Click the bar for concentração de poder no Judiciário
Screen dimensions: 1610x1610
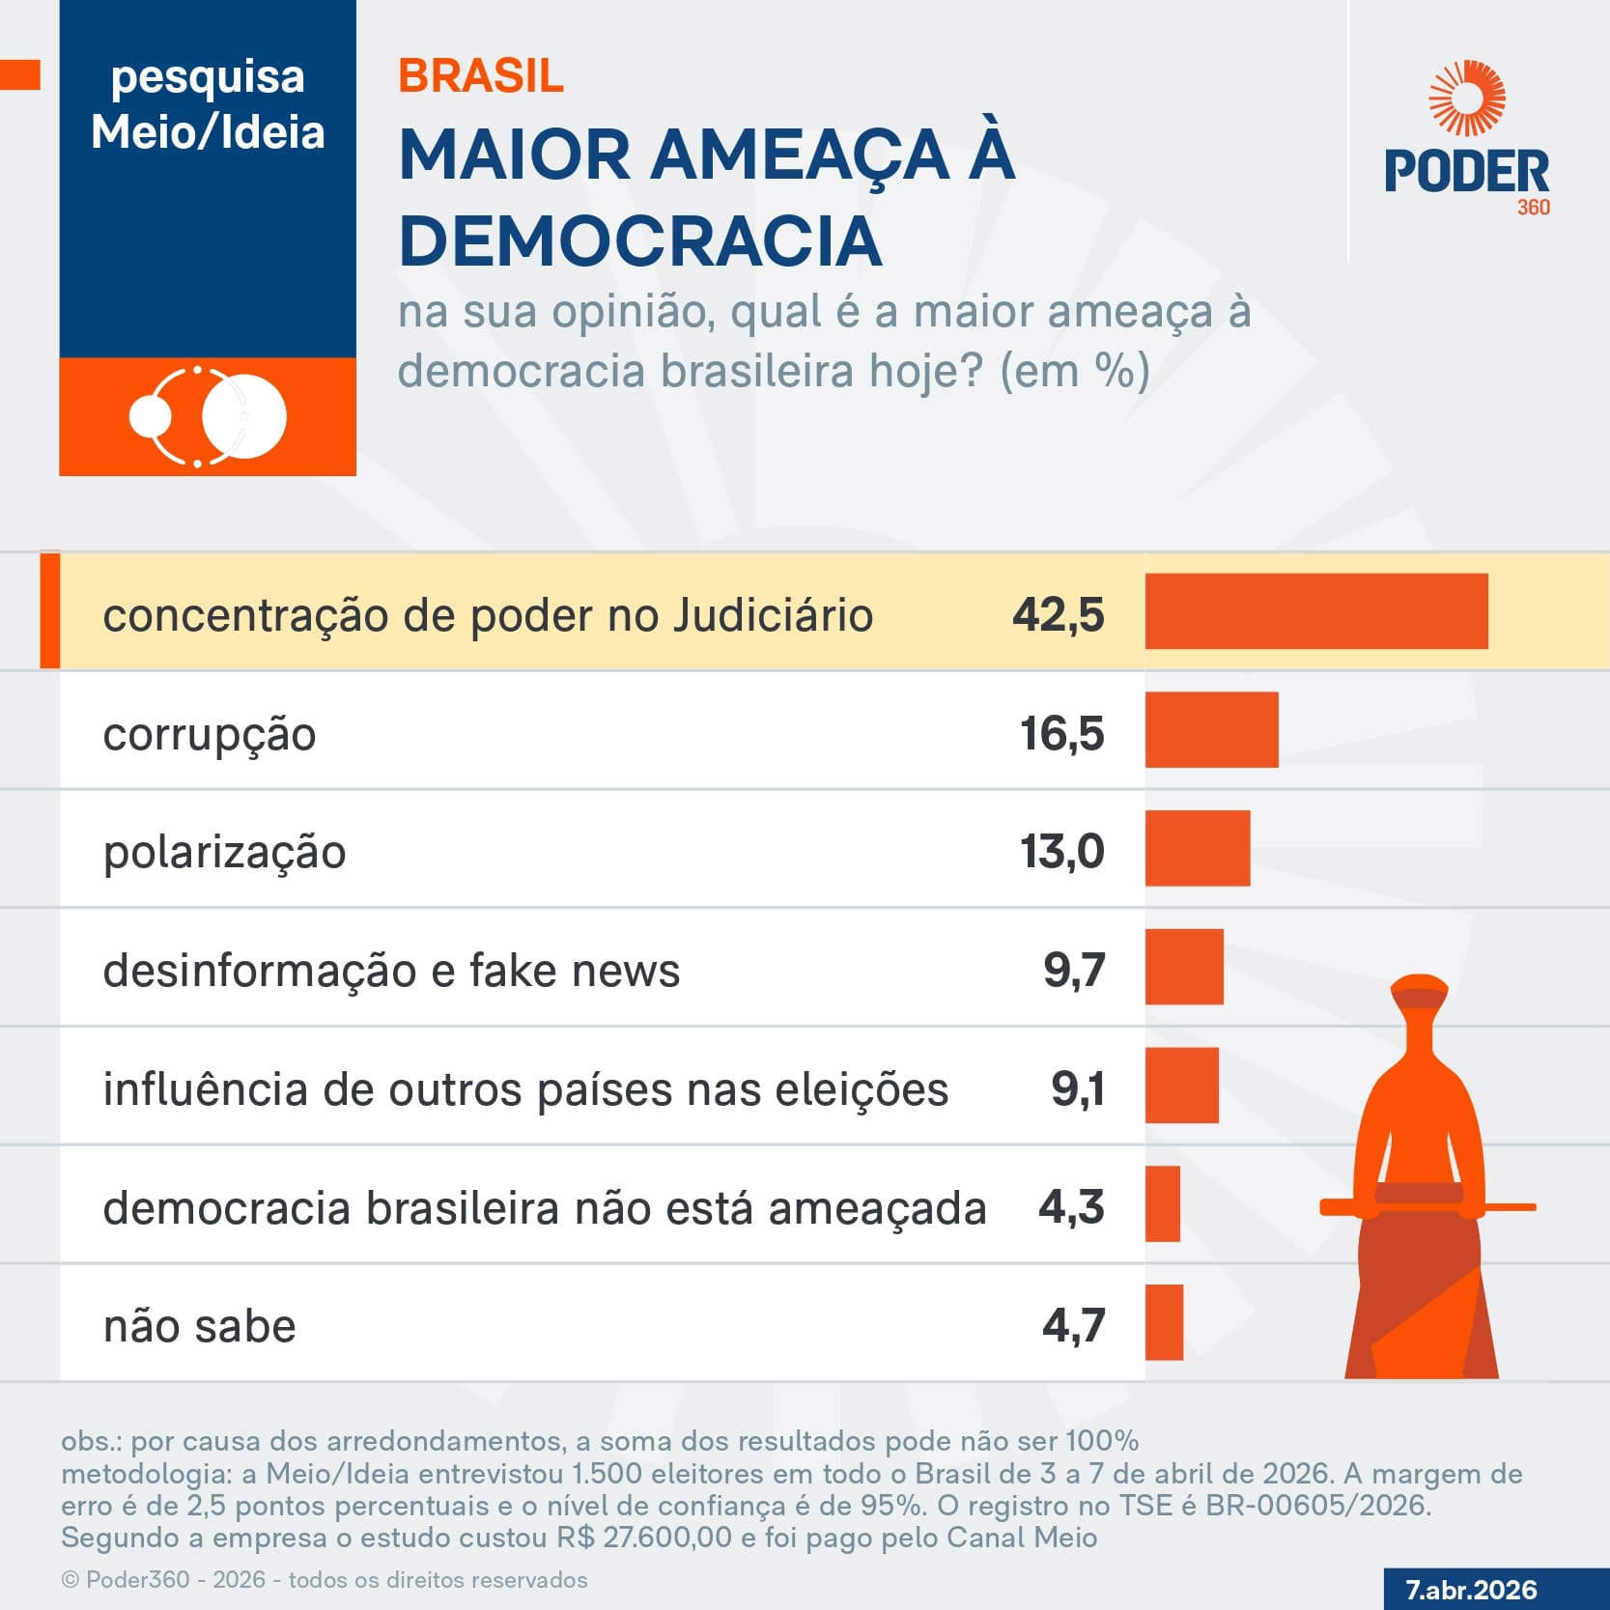(1315, 611)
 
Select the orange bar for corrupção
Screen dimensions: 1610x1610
(1211, 730)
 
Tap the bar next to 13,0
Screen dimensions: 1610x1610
(1198, 848)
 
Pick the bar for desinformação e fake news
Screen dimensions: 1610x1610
(1184, 967)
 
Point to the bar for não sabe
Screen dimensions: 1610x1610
(1164, 1322)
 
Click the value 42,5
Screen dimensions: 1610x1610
(1058, 614)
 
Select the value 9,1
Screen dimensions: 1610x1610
(1077, 1088)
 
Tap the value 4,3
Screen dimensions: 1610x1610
(1070, 1207)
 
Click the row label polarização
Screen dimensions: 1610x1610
(224, 852)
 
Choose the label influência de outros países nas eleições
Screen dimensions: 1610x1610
(525, 1089)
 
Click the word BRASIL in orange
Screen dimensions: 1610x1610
(480, 76)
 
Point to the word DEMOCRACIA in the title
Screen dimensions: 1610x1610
(639, 240)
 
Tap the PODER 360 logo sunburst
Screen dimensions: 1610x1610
(1467, 99)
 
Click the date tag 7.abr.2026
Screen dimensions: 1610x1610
(1471, 1590)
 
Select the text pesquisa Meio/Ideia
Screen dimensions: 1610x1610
(208, 104)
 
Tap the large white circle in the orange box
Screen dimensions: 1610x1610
(244, 416)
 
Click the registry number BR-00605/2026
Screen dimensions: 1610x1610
(1317, 1506)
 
